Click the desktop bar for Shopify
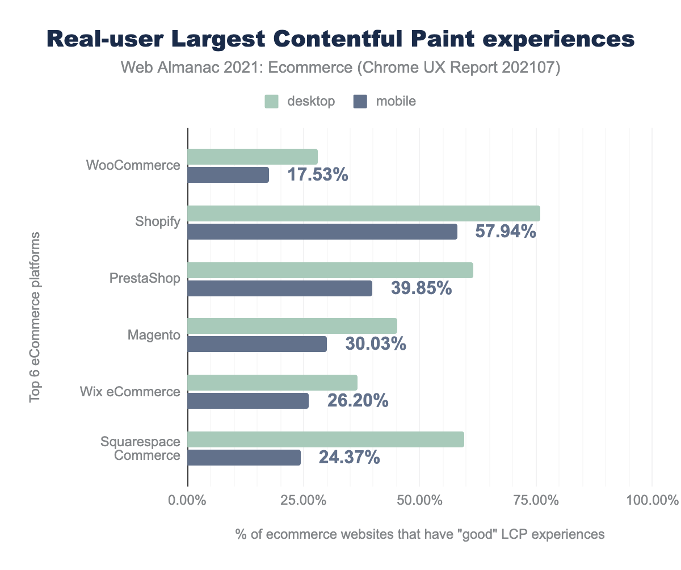click(x=363, y=213)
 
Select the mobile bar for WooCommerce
click(x=228, y=175)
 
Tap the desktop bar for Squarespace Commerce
click(x=326, y=439)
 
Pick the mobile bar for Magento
click(x=257, y=344)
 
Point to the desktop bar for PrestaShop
click(x=330, y=270)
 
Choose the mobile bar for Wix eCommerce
click(x=248, y=401)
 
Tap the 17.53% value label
click(x=317, y=175)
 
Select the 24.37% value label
click(x=349, y=458)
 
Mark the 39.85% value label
click(x=421, y=288)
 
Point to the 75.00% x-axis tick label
click(x=536, y=501)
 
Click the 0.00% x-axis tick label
click(x=187, y=501)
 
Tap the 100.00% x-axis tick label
click(x=651, y=501)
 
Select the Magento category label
click(x=154, y=336)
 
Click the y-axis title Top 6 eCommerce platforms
click(x=35, y=317)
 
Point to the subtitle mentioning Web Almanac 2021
click(x=340, y=69)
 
